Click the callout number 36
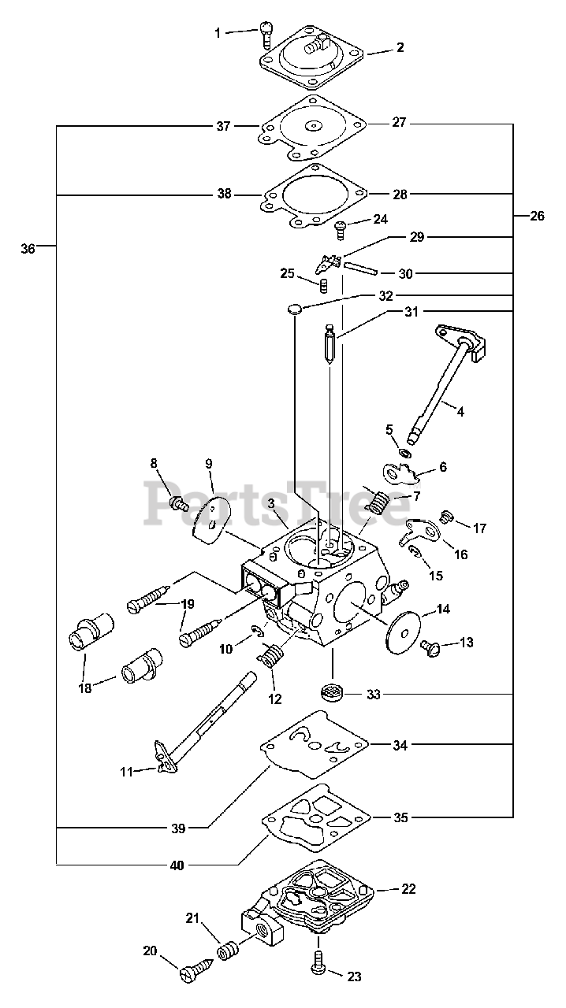28,248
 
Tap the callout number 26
537,216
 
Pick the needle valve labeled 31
332,339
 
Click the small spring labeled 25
323,286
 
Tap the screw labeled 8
178,502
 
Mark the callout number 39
178,828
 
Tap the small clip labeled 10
258,631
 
